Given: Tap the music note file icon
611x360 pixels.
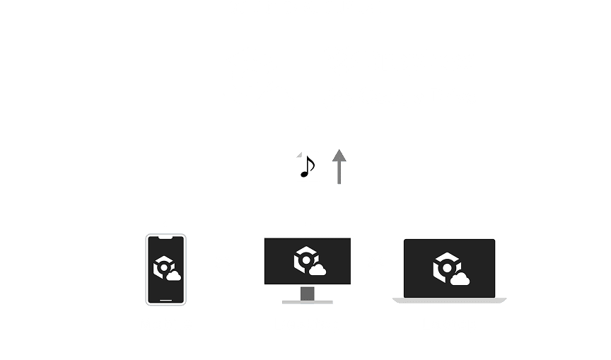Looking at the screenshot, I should [x=307, y=166].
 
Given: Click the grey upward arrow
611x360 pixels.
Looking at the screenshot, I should [x=339, y=166].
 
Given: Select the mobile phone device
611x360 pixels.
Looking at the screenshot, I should [x=165, y=269].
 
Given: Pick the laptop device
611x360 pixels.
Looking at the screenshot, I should [x=449, y=269].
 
